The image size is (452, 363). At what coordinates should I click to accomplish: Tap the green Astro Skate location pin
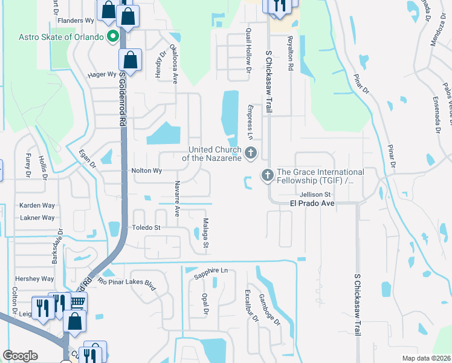(112, 37)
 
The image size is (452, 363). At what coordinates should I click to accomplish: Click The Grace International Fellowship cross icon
(267, 175)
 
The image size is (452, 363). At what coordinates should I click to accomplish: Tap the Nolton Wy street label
(147, 171)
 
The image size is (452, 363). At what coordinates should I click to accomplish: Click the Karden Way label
(37, 206)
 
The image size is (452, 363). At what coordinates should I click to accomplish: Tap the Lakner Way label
(37, 218)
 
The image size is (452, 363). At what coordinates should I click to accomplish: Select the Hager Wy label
(102, 74)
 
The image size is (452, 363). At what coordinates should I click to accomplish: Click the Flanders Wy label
(76, 20)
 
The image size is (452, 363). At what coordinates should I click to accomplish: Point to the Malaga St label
(205, 234)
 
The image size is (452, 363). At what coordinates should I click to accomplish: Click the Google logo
(20, 356)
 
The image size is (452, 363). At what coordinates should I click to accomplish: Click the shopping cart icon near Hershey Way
(77, 302)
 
